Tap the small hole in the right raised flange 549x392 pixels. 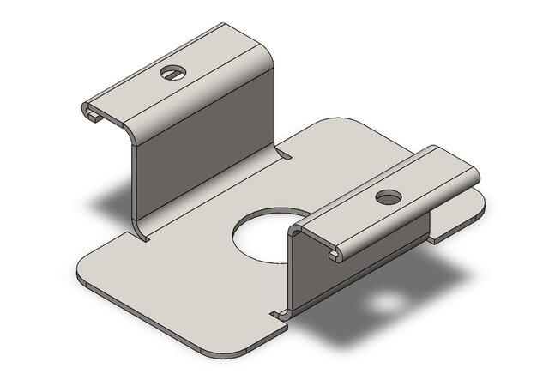(x=388, y=197)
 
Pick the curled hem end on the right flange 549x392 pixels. (x=335, y=254)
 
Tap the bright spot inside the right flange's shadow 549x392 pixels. (x=391, y=303)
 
